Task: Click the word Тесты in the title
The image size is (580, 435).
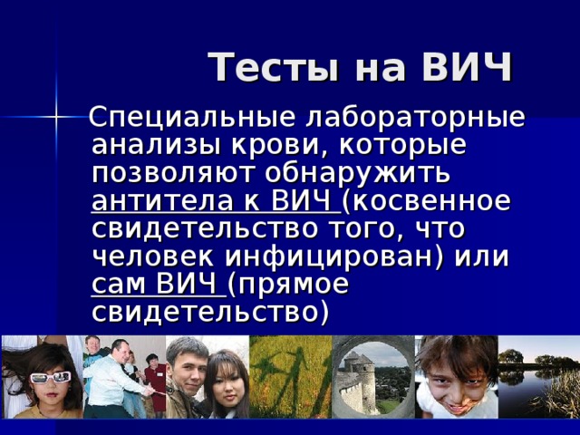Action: tap(263, 68)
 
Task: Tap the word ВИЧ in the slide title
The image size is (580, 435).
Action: tap(466, 68)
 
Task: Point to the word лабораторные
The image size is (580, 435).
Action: tap(417, 119)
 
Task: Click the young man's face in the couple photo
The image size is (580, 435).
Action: tap(188, 367)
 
